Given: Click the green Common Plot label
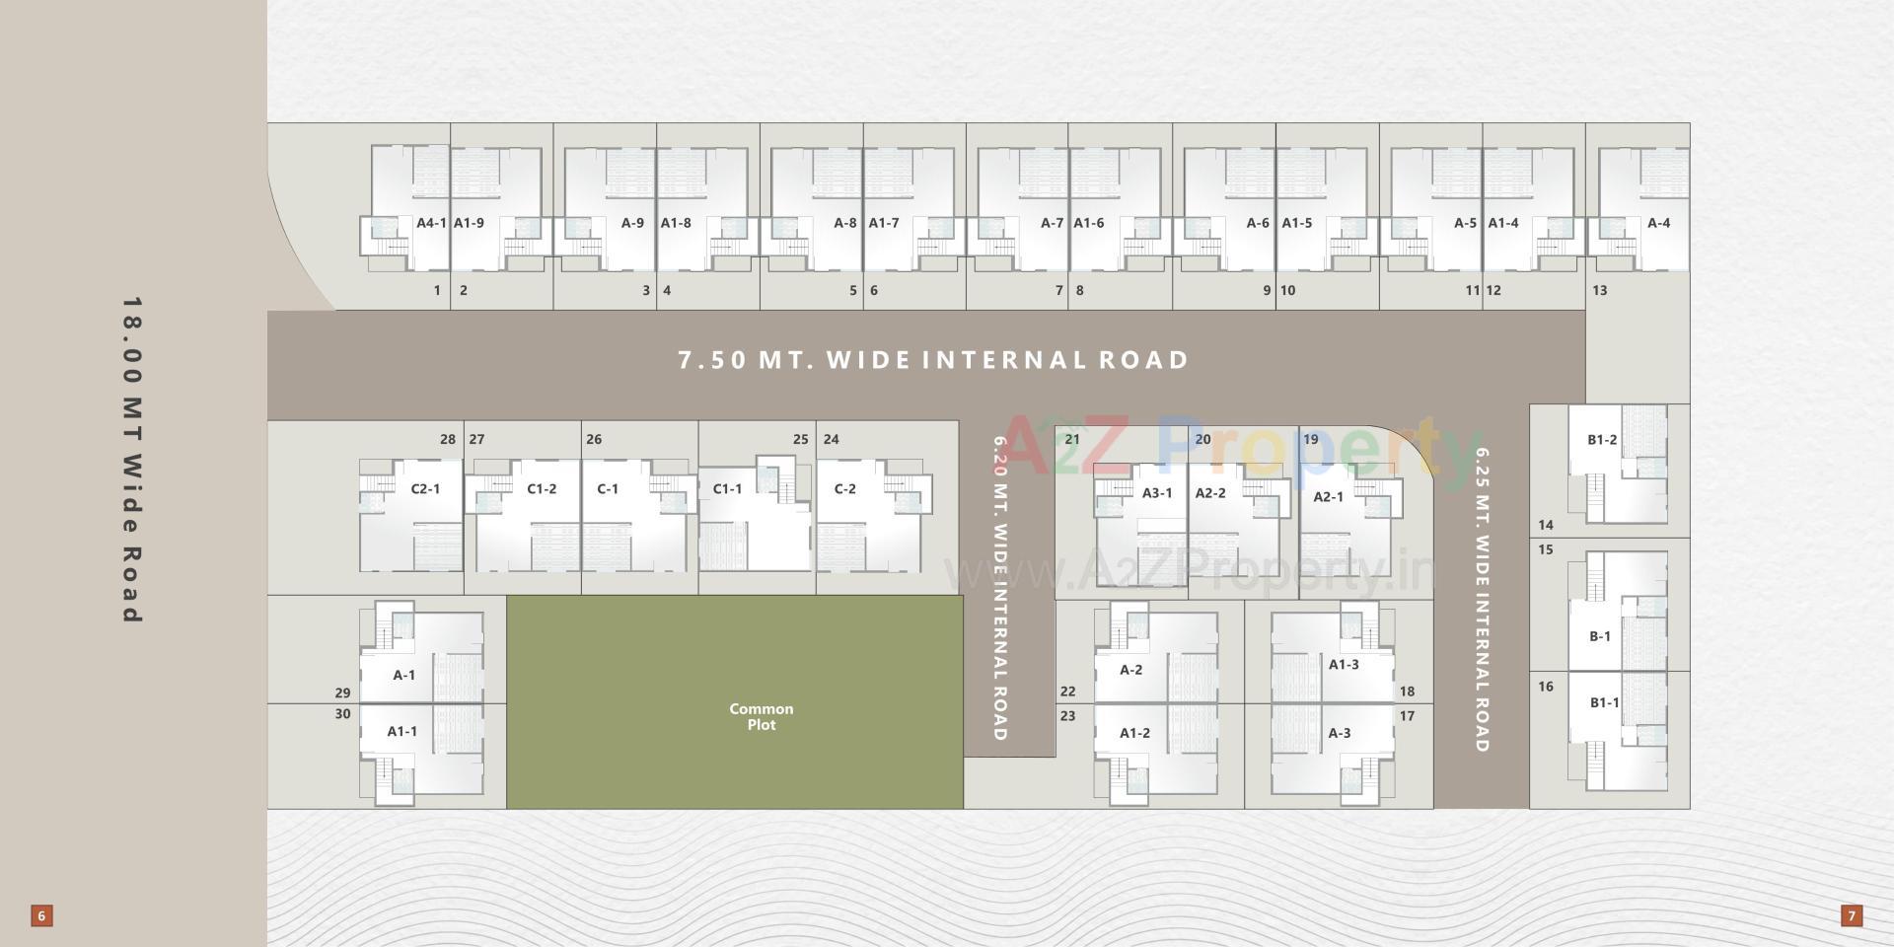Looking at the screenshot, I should click(x=761, y=717).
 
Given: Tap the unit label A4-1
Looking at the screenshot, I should click(x=431, y=223).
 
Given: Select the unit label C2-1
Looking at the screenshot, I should click(x=425, y=488).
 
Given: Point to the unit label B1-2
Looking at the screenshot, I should click(x=1602, y=440).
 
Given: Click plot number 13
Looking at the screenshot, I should click(x=1599, y=290).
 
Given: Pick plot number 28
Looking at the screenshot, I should click(x=448, y=439).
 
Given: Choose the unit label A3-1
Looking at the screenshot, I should click(x=1157, y=493).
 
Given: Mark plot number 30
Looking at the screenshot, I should click(x=342, y=714).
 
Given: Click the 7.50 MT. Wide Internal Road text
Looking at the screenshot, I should click(x=933, y=360).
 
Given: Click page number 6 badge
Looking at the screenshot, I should click(x=41, y=915).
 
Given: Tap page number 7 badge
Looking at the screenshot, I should click(x=1852, y=915).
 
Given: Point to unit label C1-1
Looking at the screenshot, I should click(x=727, y=488).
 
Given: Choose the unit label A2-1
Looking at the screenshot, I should click(x=1328, y=496).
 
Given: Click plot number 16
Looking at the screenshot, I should click(x=1545, y=687).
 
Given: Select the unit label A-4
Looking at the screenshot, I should click(x=1658, y=223).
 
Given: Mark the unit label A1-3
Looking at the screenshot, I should click(x=1344, y=665).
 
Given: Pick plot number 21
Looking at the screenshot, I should click(x=1072, y=439).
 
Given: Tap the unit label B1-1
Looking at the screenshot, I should click(x=1604, y=702).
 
